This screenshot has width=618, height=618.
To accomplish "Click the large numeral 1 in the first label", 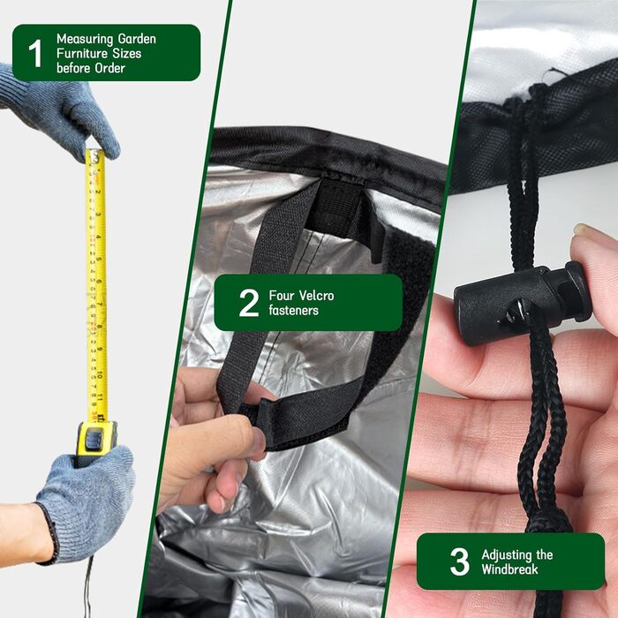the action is pos(35,53).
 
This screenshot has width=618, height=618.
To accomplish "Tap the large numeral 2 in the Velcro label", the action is pos(249,303).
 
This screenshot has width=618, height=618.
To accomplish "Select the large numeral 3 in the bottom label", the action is pos(460,561).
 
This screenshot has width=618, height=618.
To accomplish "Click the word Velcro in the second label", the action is pos(316,296).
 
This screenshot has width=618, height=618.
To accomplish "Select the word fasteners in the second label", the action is pos(294,310).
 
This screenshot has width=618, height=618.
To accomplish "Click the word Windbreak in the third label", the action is pos(509,569).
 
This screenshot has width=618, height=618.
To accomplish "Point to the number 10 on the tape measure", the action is pos(101,374).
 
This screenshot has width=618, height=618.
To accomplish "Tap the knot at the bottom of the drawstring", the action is pos(548,524).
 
